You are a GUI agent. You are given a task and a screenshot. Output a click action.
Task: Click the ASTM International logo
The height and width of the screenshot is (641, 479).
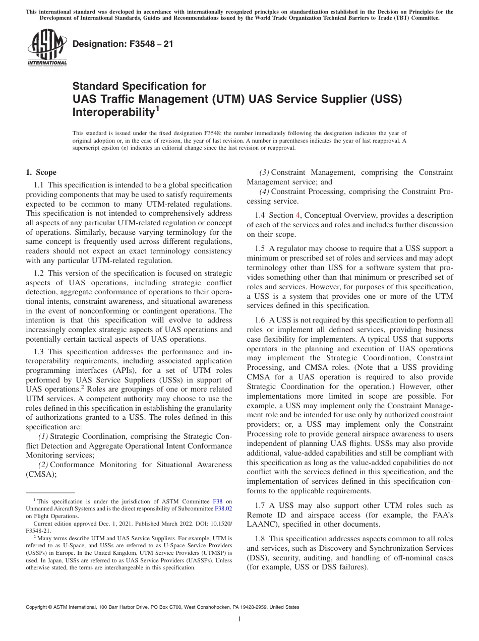(x=46, y=47)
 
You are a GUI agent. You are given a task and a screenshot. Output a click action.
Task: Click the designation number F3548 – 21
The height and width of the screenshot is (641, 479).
(x=123, y=44)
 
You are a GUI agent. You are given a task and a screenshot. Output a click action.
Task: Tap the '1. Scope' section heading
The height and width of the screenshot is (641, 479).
(x=41, y=172)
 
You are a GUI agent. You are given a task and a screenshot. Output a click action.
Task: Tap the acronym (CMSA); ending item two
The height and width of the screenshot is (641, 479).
(x=41, y=474)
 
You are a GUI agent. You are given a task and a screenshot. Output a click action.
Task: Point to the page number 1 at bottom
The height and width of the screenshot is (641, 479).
(x=239, y=619)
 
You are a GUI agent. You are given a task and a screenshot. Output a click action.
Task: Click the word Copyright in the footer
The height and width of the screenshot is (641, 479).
(x=38, y=607)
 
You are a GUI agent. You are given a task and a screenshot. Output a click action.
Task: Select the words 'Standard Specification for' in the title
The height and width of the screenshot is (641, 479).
(x=139, y=86)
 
